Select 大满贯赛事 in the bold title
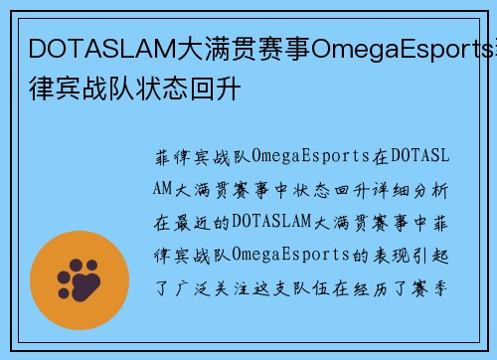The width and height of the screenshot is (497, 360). (226, 48)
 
